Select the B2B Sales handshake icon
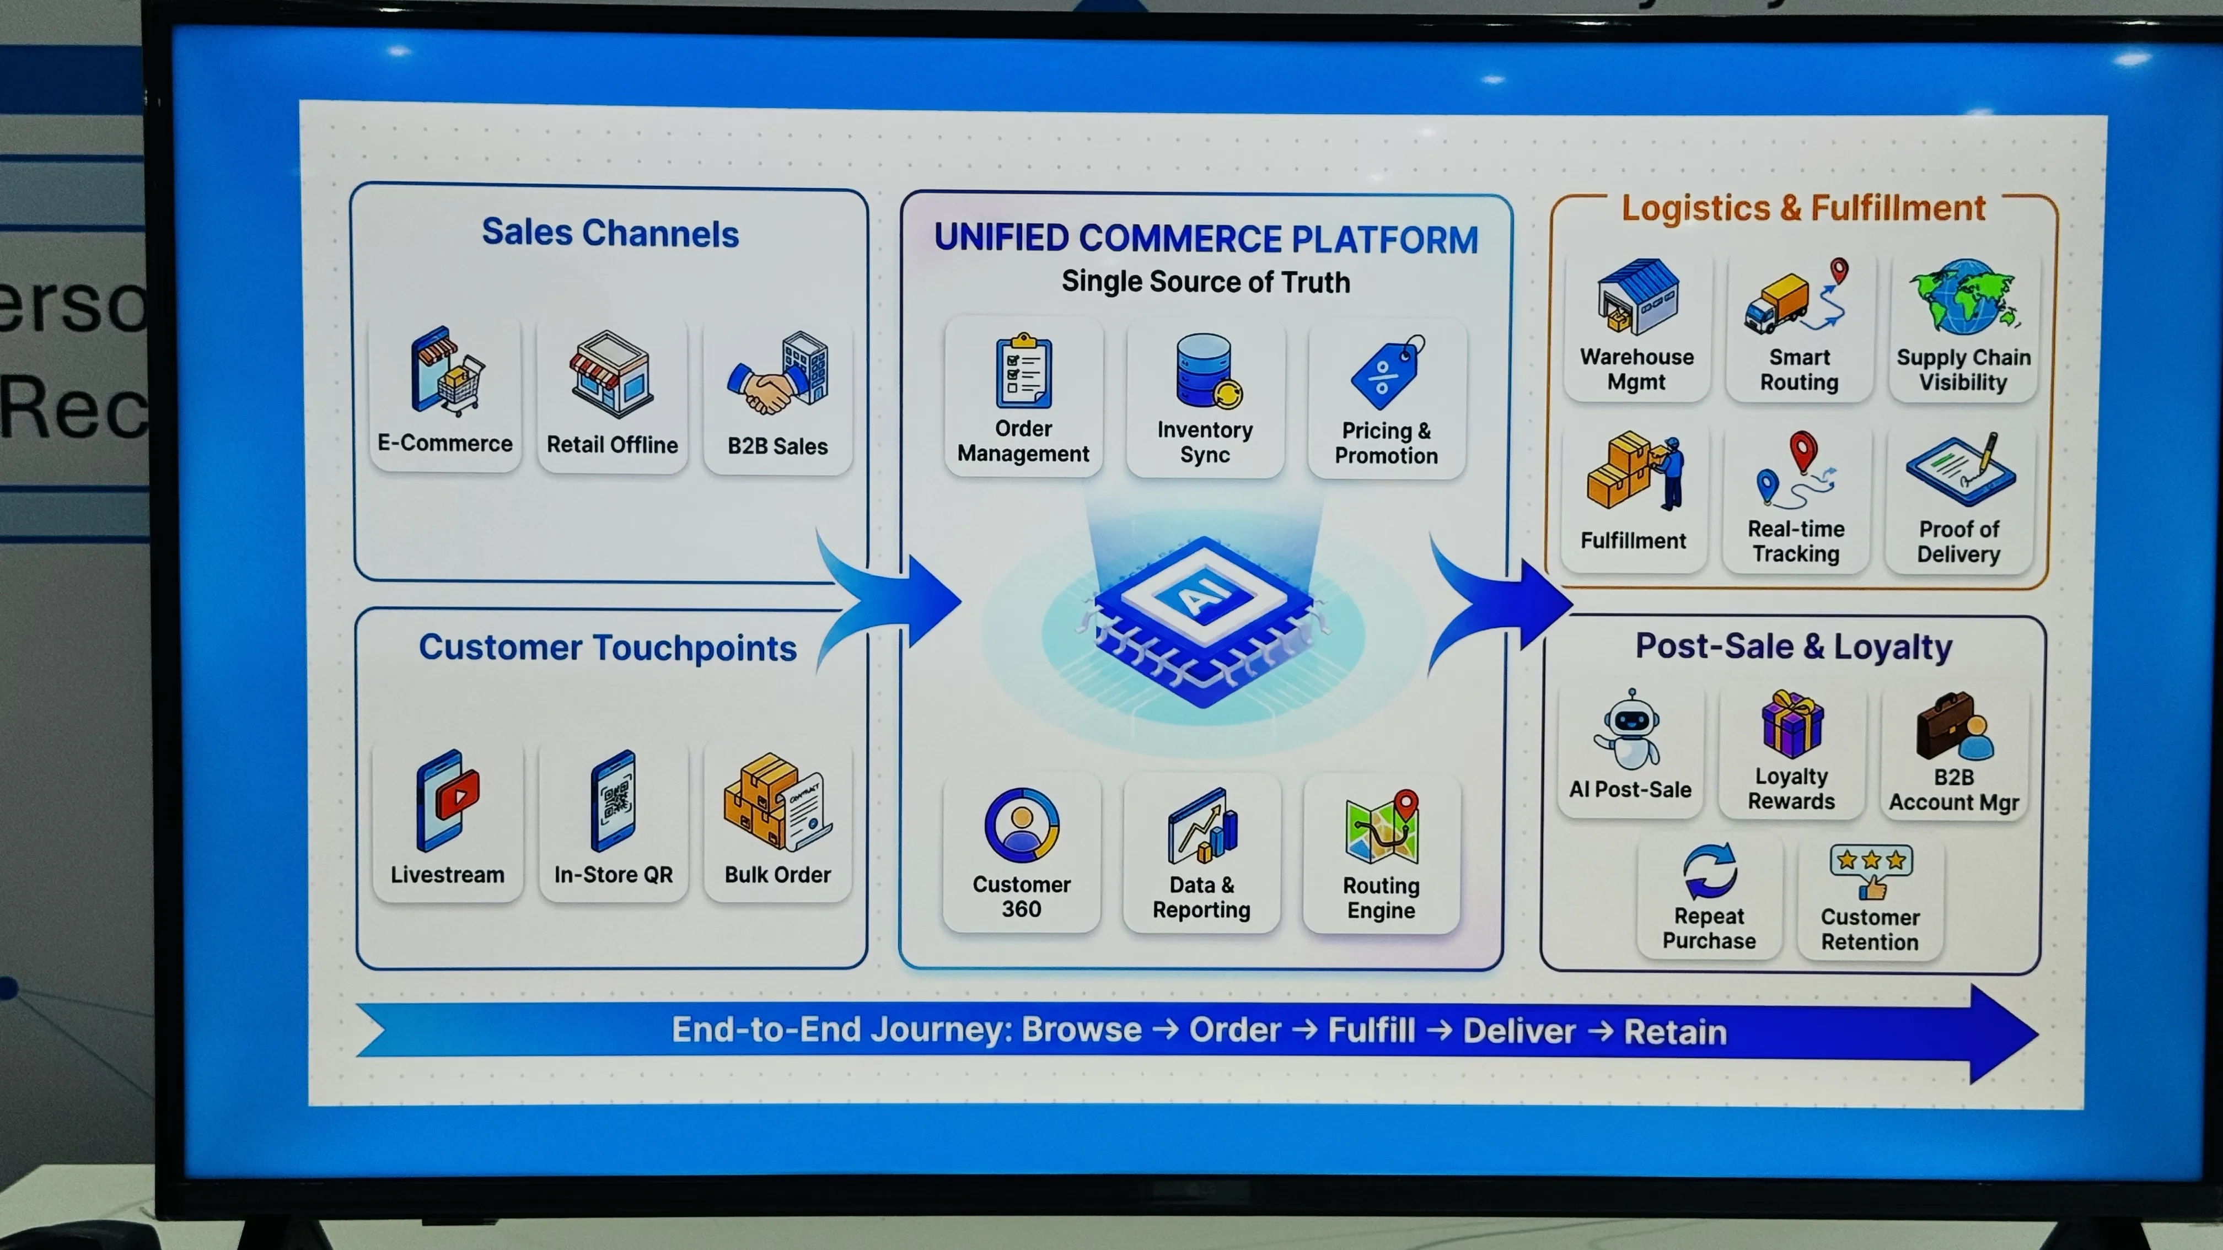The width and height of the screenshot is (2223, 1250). point(778,374)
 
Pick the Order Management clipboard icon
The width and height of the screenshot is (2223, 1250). point(1023,371)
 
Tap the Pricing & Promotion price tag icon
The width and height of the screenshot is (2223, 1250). point(1388,372)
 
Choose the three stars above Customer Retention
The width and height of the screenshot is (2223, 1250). point(1871,860)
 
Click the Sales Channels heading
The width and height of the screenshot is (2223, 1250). point(610,233)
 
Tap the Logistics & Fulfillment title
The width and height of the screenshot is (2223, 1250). point(1803,208)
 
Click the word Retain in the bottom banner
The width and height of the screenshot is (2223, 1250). point(1675,1032)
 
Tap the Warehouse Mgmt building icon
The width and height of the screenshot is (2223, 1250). point(1637,296)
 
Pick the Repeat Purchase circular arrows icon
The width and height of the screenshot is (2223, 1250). point(1710,871)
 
